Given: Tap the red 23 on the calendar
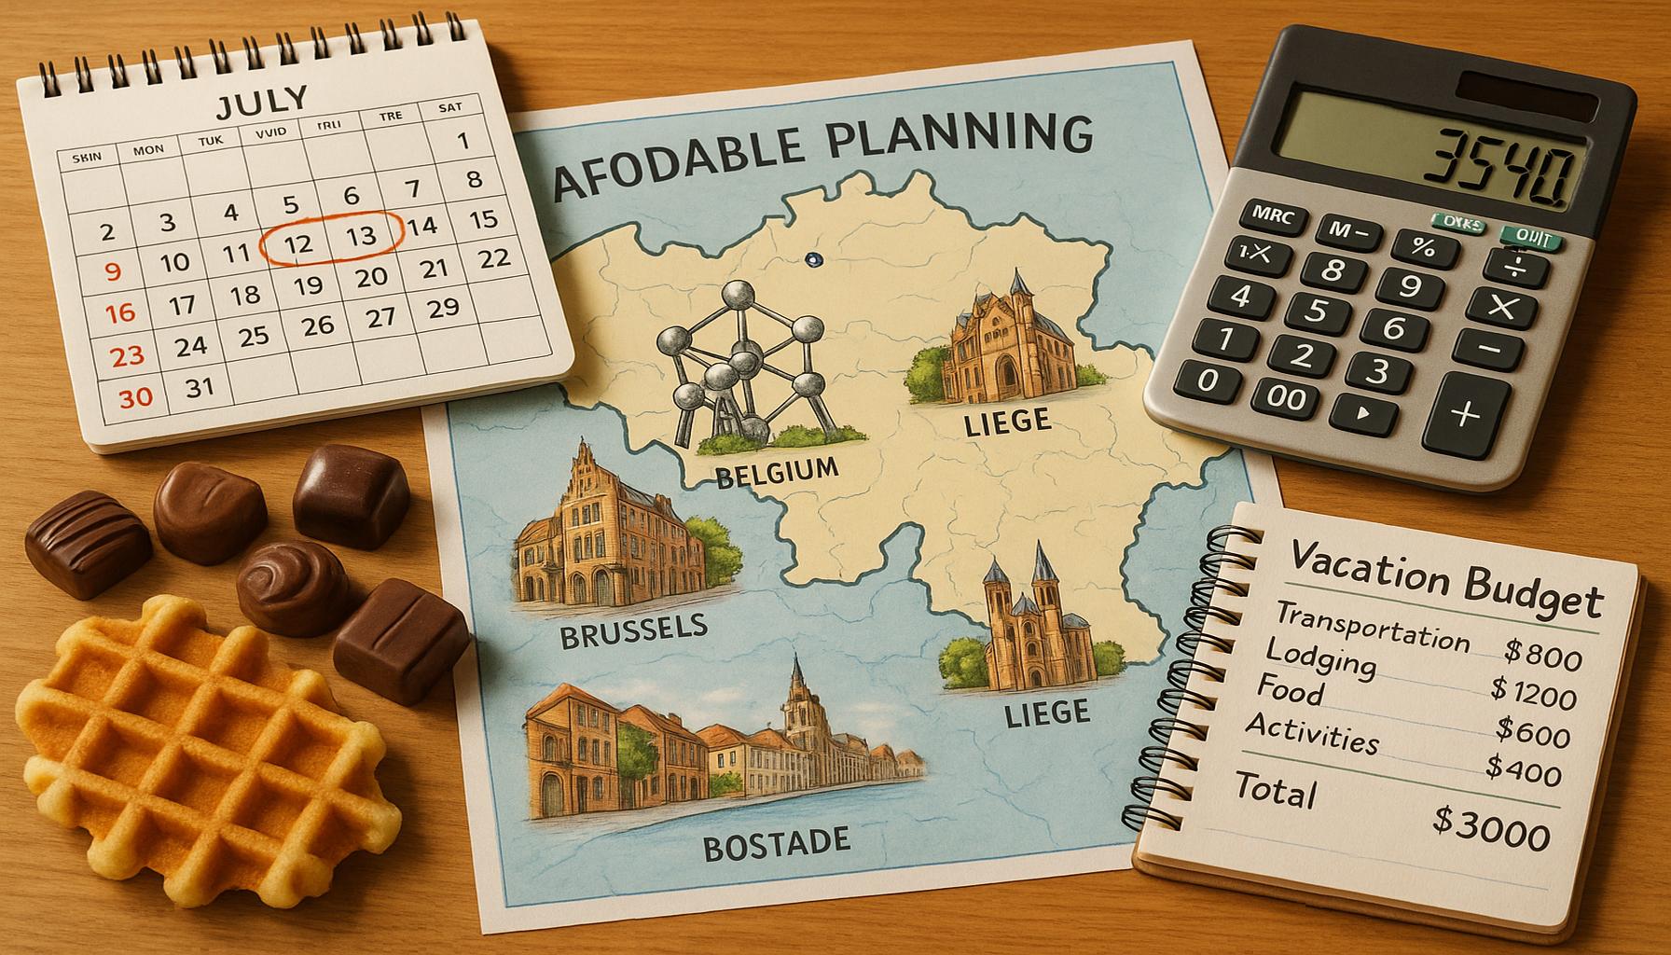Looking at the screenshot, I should click(127, 355).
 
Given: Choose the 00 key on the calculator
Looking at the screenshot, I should click(1287, 397).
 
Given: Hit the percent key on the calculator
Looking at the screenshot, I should click(1423, 248).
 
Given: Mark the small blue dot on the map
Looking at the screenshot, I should click(811, 260).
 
